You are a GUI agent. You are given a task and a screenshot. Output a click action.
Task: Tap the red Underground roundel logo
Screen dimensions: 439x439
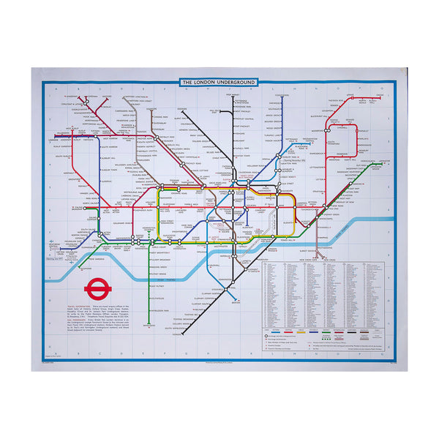(96, 288)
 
